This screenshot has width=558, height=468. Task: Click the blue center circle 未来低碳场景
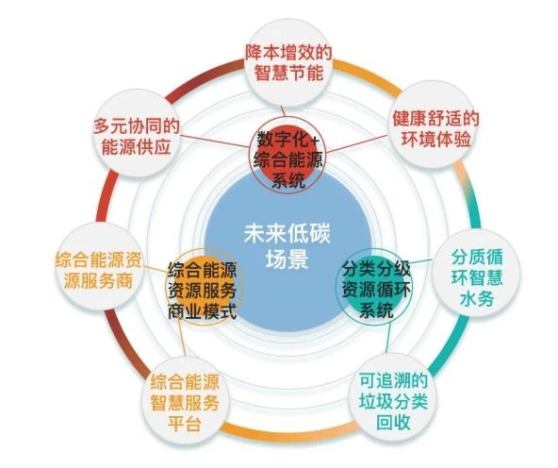click(x=287, y=249)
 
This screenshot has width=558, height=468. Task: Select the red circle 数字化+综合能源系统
click(x=287, y=156)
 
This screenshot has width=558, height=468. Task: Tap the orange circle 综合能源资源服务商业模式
click(x=204, y=287)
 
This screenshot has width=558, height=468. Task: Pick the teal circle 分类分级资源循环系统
click(x=375, y=287)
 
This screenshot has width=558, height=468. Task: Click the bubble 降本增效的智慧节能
click(x=289, y=63)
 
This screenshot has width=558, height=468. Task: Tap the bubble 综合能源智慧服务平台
click(x=185, y=402)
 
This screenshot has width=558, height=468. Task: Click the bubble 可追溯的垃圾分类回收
click(x=393, y=401)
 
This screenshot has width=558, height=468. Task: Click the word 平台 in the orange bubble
click(x=185, y=424)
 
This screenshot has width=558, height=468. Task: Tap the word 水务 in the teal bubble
click(x=477, y=299)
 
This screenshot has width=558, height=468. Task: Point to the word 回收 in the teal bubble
click(x=393, y=423)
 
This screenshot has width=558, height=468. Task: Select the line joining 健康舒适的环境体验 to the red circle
click(x=357, y=143)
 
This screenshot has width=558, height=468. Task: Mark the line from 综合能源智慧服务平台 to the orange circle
click(x=181, y=339)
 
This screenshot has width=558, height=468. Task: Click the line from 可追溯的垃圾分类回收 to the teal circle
click(x=387, y=339)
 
